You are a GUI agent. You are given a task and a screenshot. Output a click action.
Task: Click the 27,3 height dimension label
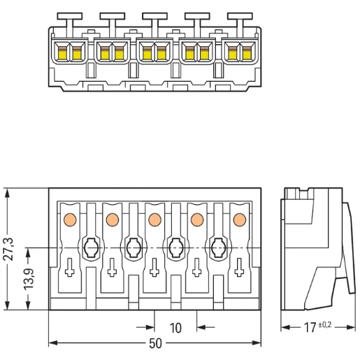[x=9, y=249]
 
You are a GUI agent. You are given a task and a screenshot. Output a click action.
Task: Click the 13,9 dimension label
[x=29, y=280]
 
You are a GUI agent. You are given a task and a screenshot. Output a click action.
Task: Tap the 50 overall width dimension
[x=155, y=343]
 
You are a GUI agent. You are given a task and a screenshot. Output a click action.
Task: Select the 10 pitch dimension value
[x=175, y=328]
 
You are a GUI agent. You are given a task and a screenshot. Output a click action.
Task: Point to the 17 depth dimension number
[x=310, y=328]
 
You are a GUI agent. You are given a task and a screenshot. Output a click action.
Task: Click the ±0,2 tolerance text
[x=325, y=324]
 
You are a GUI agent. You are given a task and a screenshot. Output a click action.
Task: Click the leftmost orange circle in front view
[x=70, y=219]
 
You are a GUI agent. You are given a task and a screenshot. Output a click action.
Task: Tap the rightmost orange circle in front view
[x=240, y=219]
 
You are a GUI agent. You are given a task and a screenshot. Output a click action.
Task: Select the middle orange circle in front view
[x=154, y=219]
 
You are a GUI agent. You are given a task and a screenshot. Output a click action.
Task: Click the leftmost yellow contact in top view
[x=62, y=55]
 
